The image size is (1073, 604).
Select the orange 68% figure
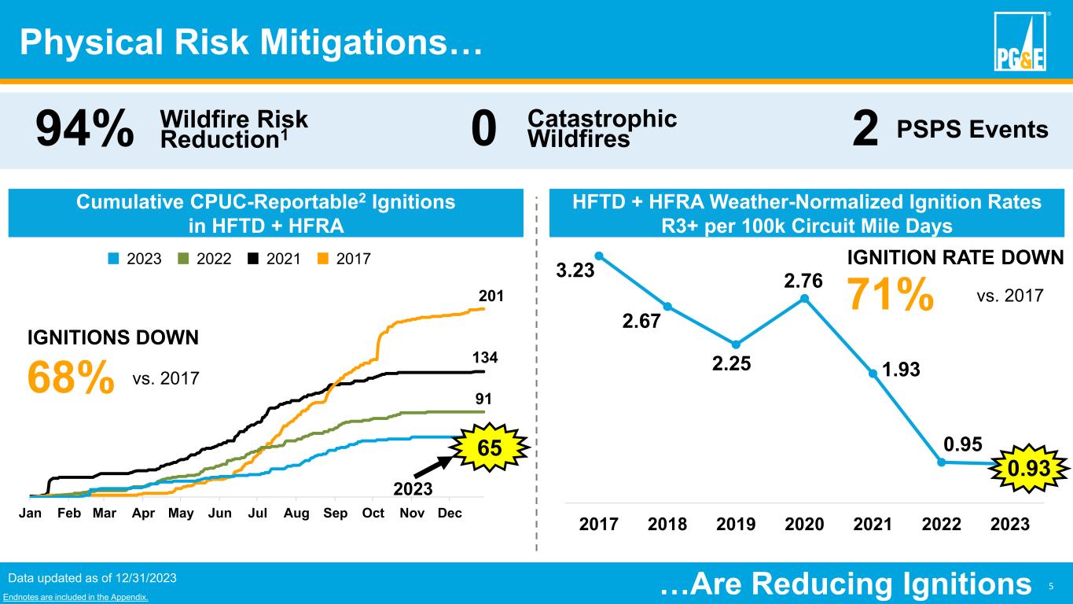coord(71,379)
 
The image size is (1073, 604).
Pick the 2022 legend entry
coord(204,258)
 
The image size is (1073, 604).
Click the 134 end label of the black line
coord(491,358)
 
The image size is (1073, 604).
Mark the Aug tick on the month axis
coord(296,514)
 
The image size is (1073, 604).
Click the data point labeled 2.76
coord(805,298)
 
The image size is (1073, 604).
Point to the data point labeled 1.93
coord(873,374)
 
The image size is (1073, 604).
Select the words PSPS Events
coord(972,131)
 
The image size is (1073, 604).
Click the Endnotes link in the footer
coord(76,598)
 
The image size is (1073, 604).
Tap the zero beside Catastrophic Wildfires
coord(484,131)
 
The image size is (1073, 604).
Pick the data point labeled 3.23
coord(599,255)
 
